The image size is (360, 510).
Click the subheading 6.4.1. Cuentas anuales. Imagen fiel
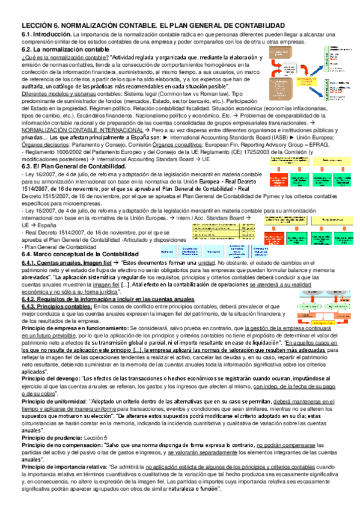(66, 263)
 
